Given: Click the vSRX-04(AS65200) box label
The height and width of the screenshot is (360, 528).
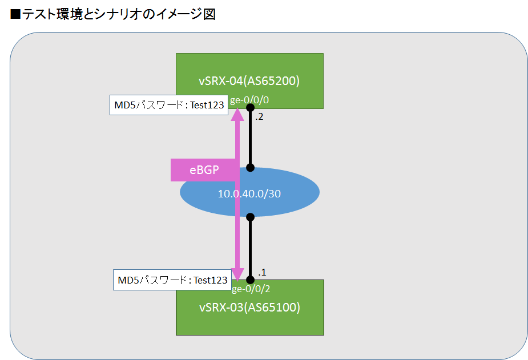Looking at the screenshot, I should [x=249, y=80].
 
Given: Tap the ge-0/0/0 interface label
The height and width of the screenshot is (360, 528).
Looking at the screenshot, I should [x=249, y=100].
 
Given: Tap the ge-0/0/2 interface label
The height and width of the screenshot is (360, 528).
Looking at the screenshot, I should [x=251, y=289].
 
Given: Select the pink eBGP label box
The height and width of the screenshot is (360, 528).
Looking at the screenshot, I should [x=204, y=170].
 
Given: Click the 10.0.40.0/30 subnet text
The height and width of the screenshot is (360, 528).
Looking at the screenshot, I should [x=249, y=193].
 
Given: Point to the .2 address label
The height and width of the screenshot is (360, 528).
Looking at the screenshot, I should [x=259, y=117].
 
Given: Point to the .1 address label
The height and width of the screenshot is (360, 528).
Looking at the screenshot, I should [x=262, y=272].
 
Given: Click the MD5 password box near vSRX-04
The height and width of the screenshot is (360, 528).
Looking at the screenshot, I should [x=170, y=106].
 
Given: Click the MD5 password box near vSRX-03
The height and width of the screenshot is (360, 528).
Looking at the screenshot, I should [x=173, y=280].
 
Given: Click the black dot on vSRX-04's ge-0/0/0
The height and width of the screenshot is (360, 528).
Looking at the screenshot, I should [x=250, y=107].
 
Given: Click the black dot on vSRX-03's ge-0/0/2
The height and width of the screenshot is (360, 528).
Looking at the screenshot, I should [x=250, y=280].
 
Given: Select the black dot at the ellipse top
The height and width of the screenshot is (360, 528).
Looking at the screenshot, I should [x=250, y=168].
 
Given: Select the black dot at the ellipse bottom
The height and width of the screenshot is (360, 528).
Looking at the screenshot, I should [x=250, y=217].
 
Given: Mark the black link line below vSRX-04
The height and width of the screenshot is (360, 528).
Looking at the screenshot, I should [x=250, y=137].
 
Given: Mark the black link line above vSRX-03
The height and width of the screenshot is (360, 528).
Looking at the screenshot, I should [x=250, y=248].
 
